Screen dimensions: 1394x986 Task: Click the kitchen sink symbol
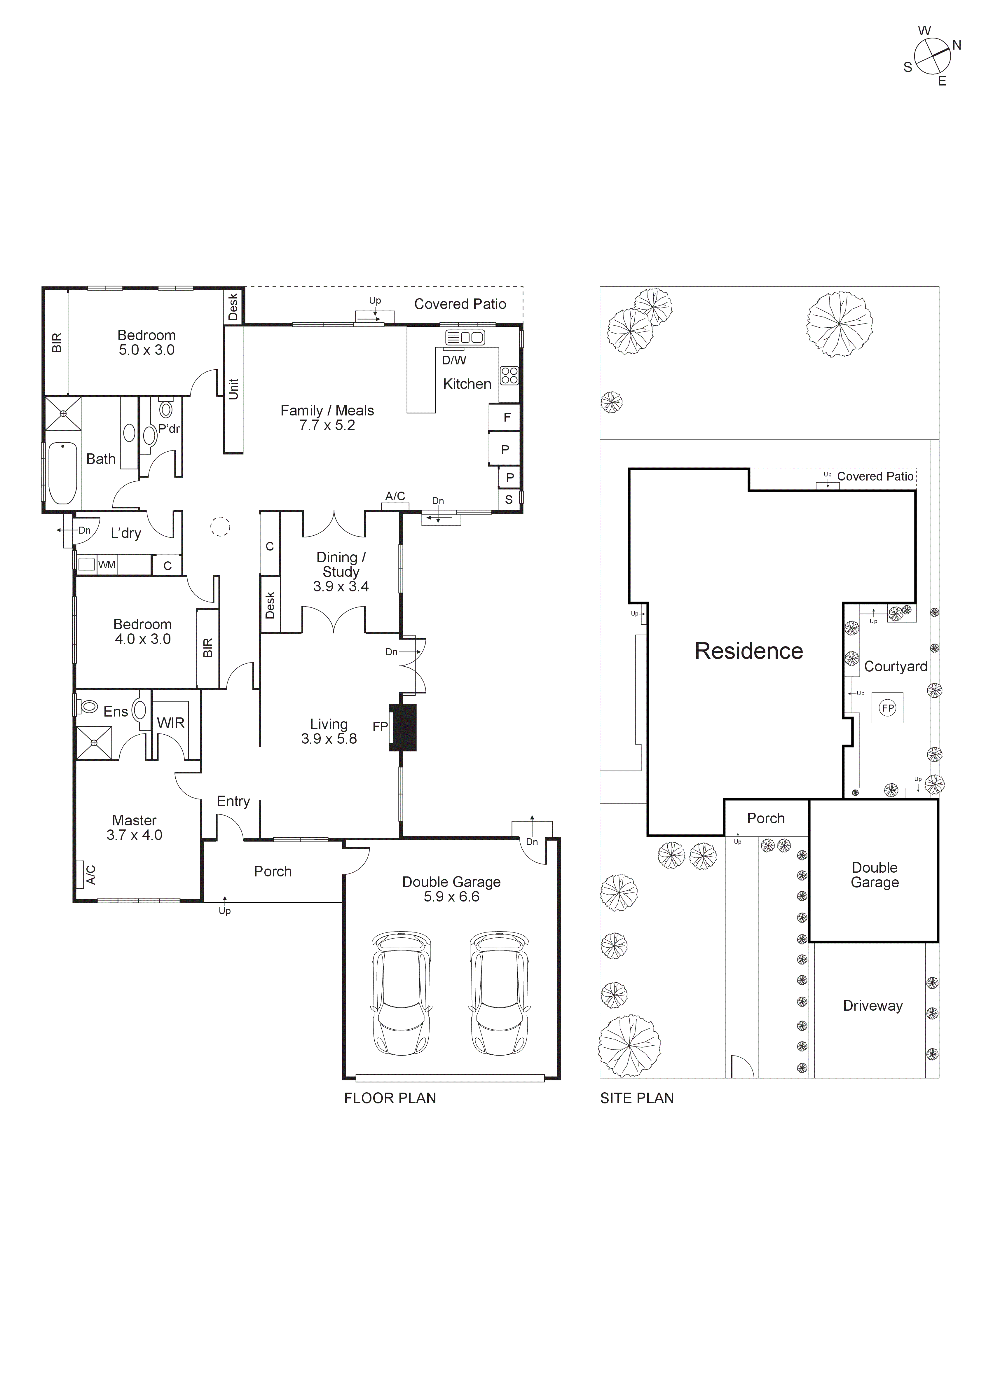pyautogui.click(x=465, y=337)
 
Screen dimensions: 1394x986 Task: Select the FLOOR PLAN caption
pyautogui.click(x=390, y=1098)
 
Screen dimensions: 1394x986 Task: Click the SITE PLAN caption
pyautogui.click(x=637, y=1098)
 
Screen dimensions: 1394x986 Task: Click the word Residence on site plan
pyautogui.click(x=748, y=651)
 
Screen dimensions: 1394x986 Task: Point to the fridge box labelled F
pyautogui.click(x=506, y=418)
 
